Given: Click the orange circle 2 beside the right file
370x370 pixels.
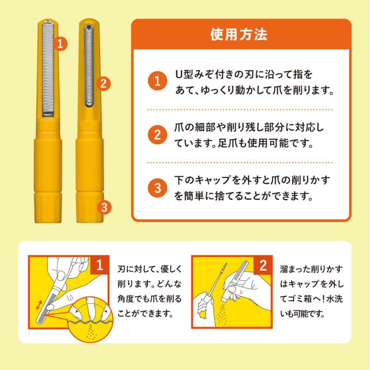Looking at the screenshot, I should click(x=104, y=84).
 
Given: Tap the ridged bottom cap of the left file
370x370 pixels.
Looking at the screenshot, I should click(x=48, y=208).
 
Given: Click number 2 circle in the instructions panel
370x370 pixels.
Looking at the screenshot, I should click(x=156, y=135).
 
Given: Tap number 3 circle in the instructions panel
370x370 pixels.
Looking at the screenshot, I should click(x=156, y=188).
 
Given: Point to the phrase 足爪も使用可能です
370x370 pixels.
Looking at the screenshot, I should click(x=266, y=144).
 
